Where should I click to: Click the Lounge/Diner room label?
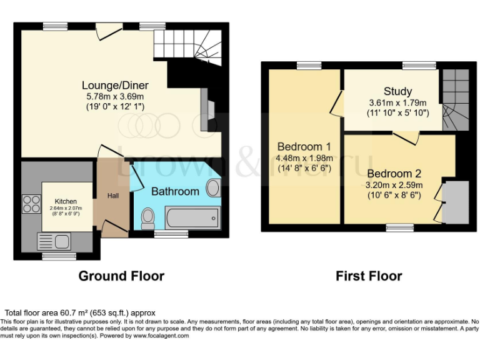point(115,85)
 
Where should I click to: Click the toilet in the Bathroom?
point(148,218)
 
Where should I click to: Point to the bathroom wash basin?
point(212,187)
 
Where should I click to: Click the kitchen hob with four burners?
point(30,204)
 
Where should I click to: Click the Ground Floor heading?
point(121,276)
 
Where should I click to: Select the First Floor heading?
point(369,276)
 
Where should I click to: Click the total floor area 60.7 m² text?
point(80,312)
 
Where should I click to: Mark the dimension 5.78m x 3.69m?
point(115,96)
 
